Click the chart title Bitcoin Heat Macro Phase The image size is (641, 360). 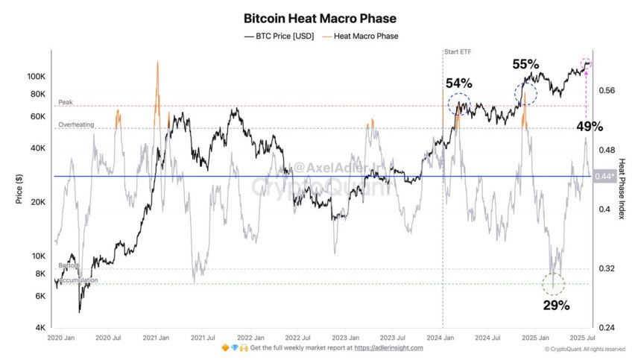pos(320,18)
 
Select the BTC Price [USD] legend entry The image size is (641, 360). pos(280,36)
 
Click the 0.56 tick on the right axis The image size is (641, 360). pos(606,90)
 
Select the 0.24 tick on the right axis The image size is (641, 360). pos(606,328)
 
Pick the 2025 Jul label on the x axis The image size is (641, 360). pos(583,338)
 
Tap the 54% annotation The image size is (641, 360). pos(459,82)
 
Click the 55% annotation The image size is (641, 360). pos(525,64)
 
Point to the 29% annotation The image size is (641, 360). pos(555,305)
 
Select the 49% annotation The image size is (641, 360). pos(590,127)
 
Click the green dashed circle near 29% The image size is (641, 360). pos(553,283)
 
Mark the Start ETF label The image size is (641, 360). pos(458,52)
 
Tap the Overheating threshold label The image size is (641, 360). pos(76,124)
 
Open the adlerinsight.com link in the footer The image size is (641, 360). pos(388,348)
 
